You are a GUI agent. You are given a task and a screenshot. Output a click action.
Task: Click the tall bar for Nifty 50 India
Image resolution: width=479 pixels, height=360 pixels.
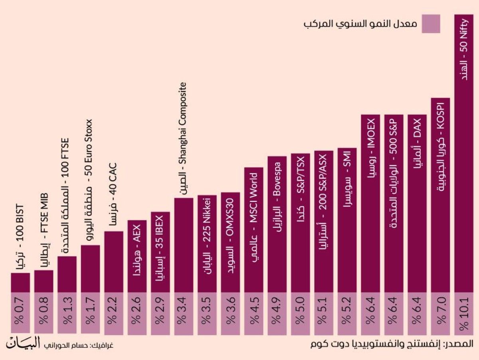[x=464, y=160]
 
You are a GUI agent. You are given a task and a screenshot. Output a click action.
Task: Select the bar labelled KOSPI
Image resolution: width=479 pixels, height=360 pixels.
[x=440, y=196]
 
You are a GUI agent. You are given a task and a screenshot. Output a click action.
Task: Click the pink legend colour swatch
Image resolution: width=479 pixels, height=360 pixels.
[x=430, y=24]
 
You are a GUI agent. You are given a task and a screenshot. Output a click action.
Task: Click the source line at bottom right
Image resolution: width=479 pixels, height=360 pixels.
[x=391, y=344]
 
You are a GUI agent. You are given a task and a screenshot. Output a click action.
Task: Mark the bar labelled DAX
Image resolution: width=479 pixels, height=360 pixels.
[x=417, y=204]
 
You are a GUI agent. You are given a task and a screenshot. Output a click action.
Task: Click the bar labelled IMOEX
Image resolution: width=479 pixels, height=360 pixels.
[x=370, y=204]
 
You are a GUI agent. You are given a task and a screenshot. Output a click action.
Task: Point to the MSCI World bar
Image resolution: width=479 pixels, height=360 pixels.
[x=253, y=230]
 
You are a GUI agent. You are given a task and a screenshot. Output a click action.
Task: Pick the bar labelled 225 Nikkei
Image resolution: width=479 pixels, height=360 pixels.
[x=207, y=244]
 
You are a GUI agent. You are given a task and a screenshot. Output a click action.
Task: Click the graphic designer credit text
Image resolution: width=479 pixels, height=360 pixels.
[x=77, y=344]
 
